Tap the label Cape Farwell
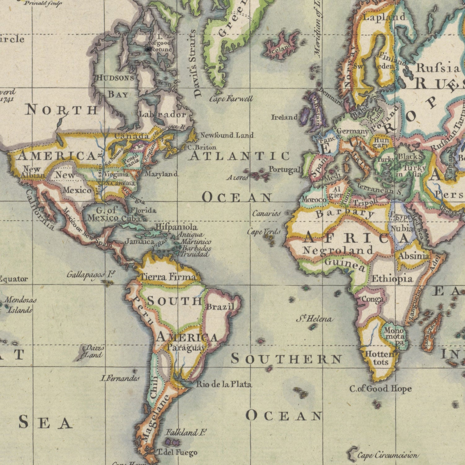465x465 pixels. tap(231, 99)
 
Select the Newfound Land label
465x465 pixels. tap(227, 135)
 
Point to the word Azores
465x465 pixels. tap(237, 178)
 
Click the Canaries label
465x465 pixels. tap(266, 214)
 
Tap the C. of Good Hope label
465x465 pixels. tap(380, 389)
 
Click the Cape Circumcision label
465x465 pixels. tap(387, 455)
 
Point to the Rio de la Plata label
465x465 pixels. tap(224, 384)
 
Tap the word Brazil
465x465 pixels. tap(220, 307)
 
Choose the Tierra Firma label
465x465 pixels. tap(169, 277)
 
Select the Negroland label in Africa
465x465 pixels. tap(338, 250)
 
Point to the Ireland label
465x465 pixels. tap(284, 117)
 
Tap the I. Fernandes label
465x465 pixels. tap(120, 378)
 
